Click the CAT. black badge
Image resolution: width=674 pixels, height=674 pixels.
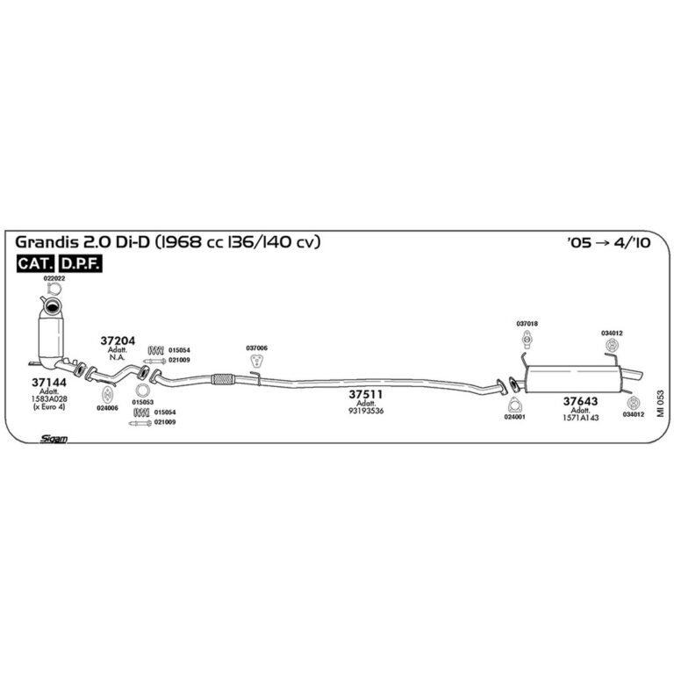[x=36, y=263]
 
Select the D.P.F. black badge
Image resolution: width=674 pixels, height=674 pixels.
[x=81, y=263]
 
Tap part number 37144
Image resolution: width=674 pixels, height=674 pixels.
[x=49, y=382]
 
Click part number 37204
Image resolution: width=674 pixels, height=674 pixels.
[x=118, y=341]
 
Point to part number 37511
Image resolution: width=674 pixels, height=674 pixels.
[x=365, y=394]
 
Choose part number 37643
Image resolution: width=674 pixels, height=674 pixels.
[x=580, y=401]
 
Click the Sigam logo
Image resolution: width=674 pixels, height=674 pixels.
[x=54, y=439]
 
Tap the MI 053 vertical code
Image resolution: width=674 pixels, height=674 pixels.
[x=660, y=403]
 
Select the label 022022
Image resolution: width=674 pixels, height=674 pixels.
[x=54, y=278]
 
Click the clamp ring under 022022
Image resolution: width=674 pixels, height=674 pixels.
[x=54, y=289]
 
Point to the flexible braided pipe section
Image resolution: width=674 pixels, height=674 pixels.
[x=223, y=379]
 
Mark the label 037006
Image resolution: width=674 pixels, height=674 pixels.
[x=256, y=348]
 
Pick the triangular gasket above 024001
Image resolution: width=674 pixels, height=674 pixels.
[x=514, y=405]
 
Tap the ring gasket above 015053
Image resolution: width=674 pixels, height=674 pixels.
[x=142, y=391]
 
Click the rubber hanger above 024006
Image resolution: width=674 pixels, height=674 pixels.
[x=107, y=395]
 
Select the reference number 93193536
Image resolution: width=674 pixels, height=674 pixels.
[x=366, y=411]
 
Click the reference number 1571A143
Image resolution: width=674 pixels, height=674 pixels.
[x=580, y=418]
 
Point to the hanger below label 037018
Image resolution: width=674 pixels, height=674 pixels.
[x=527, y=340]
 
